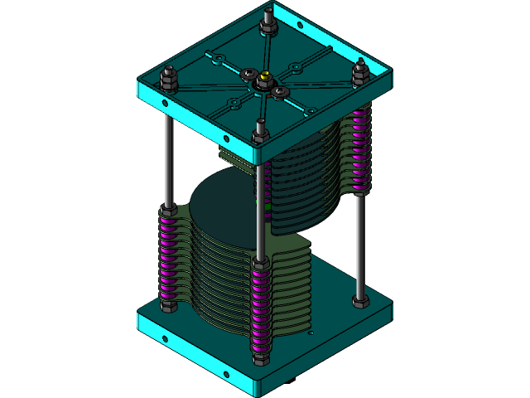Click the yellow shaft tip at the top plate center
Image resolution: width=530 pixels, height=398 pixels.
point(264,79)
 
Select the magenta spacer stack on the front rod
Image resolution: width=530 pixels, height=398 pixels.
point(260,307)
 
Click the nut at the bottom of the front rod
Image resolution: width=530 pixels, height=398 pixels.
point(260,357)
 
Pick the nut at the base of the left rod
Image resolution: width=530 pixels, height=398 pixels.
point(168,306)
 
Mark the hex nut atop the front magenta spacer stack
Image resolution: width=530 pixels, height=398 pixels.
point(260,264)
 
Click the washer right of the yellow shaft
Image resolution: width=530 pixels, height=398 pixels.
point(282,91)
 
